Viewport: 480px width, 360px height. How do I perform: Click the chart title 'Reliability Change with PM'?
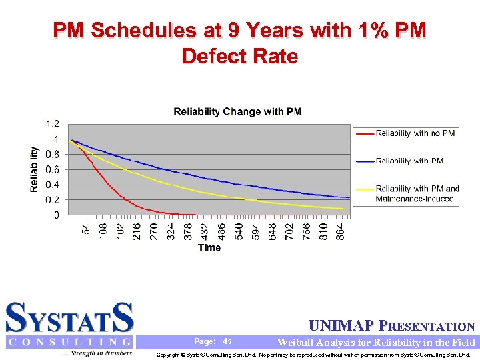click(x=237, y=111)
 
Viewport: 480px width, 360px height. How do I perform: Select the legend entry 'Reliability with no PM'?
click(x=415, y=133)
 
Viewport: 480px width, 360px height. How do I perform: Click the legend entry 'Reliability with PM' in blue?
click(x=409, y=161)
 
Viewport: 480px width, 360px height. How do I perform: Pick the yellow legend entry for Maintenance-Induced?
click(x=417, y=193)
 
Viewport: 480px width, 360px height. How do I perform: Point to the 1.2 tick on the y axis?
click(x=52, y=124)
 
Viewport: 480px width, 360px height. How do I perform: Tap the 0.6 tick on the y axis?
click(x=52, y=169)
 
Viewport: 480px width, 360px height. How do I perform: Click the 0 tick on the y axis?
click(x=56, y=215)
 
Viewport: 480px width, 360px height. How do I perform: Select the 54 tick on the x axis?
click(x=86, y=229)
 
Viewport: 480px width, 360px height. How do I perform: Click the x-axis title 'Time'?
click(x=209, y=248)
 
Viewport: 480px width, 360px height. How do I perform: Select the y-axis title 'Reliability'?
click(x=34, y=170)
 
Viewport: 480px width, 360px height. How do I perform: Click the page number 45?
click(x=227, y=341)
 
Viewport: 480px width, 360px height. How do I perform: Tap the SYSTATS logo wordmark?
click(x=70, y=318)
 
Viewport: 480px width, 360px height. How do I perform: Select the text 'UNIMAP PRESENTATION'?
click(x=392, y=327)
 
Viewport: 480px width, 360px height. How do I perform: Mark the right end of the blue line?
click(x=349, y=197)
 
